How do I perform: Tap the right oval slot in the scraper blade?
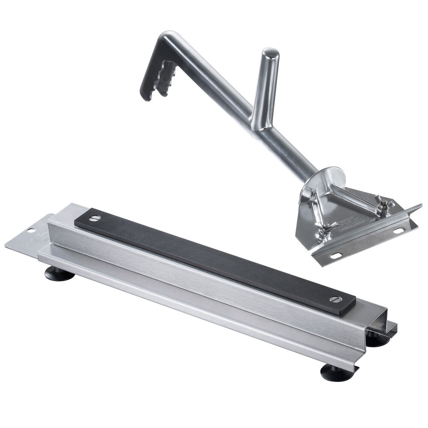pyautogui.click(x=398, y=231)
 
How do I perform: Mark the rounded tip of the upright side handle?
pyautogui.click(x=271, y=53)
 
